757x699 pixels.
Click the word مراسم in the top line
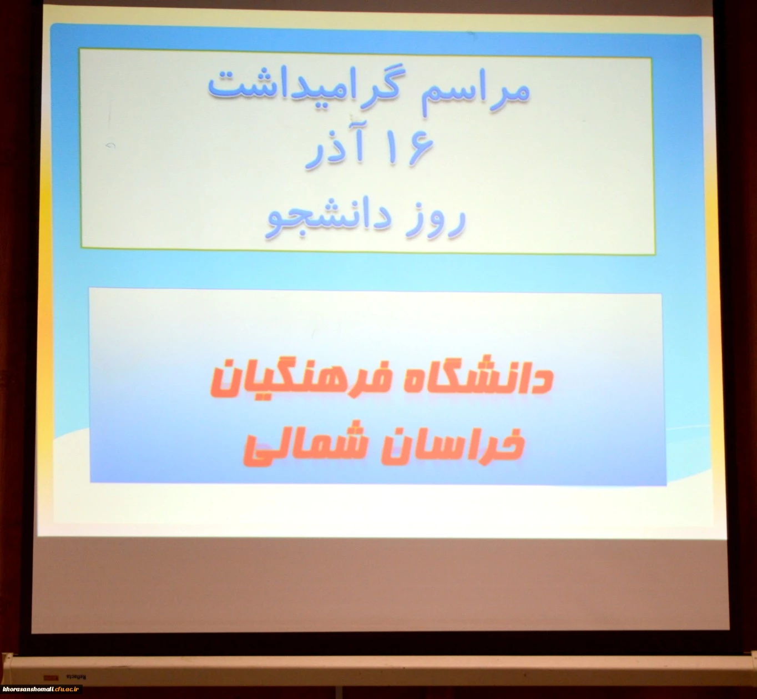point(475,93)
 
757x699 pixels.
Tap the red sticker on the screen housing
point(51,677)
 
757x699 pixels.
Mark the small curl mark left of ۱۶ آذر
point(110,145)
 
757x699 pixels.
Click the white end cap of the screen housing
point(7,669)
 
